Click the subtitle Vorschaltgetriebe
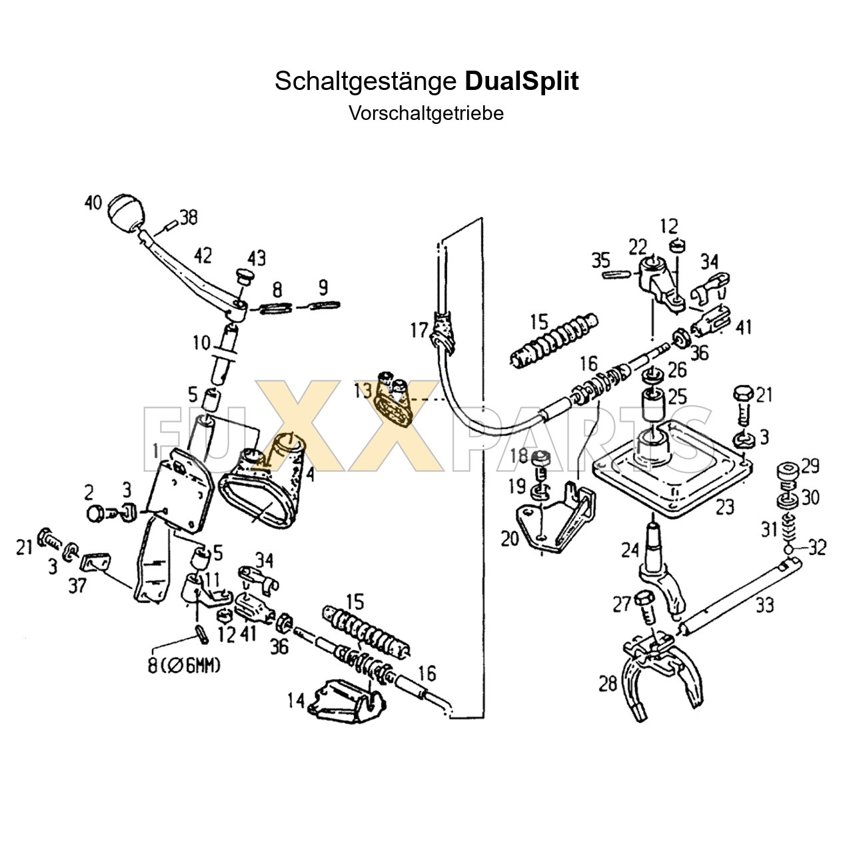[x=426, y=113]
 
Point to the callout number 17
[x=419, y=330]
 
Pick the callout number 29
[x=810, y=466]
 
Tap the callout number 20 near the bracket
[x=509, y=538]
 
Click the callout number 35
[x=600, y=260]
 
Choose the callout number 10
[x=201, y=343]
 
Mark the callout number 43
[x=256, y=258]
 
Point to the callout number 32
[x=817, y=548]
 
